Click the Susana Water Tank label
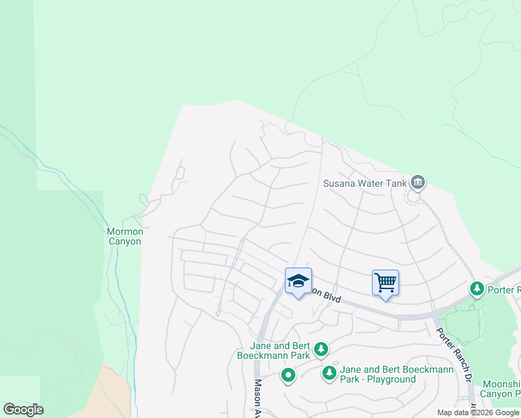click(364, 184)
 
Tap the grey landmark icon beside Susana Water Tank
click(418, 183)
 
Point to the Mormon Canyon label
click(125, 236)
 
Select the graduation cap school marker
click(298, 281)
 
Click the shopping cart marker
click(385, 283)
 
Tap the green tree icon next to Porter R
click(477, 288)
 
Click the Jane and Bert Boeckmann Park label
click(280, 348)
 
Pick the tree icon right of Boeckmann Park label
click(320, 348)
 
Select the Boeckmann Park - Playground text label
click(378, 375)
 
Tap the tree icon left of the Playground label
click(329, 373)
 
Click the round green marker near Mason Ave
click(288, 376)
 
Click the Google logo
click(23, 410)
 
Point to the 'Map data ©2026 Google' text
click(478, 412)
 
